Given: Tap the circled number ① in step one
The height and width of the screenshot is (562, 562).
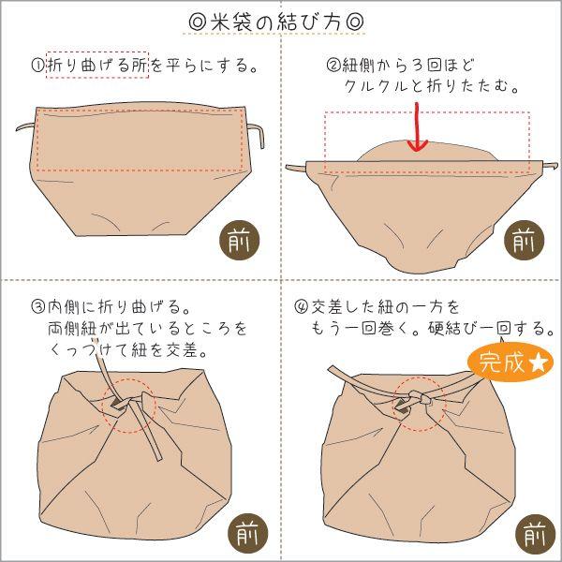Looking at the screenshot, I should pos(38,66).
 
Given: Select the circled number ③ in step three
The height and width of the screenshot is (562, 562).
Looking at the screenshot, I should pos(38,307).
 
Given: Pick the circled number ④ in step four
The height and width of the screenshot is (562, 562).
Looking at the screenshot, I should pos(301,307).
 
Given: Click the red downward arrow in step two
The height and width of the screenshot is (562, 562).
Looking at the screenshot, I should pos(417,131).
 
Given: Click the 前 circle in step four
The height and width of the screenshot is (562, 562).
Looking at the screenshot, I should pos(533,534).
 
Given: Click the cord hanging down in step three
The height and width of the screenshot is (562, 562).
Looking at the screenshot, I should pos(158,440).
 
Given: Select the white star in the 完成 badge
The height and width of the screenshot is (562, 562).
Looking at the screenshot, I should pos(540,362).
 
